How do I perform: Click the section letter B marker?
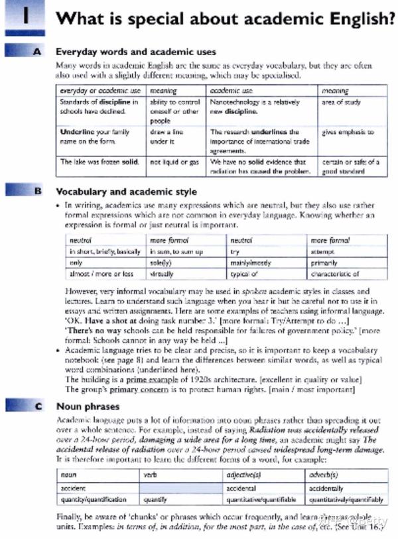[x=37, y=192]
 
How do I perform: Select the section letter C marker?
[x=37, y=406]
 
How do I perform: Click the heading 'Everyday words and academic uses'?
[x=135, y=51]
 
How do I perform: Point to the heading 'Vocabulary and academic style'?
[x=126, y=192]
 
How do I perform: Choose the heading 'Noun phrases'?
[x=88, y=406]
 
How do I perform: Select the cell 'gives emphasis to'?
[x=348, y=133]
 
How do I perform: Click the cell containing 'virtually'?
[x=162, y=273]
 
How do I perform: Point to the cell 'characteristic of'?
[x=334, y=273]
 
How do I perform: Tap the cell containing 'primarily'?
[x=324, y=263]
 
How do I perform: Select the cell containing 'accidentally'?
[x=326, y=487]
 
